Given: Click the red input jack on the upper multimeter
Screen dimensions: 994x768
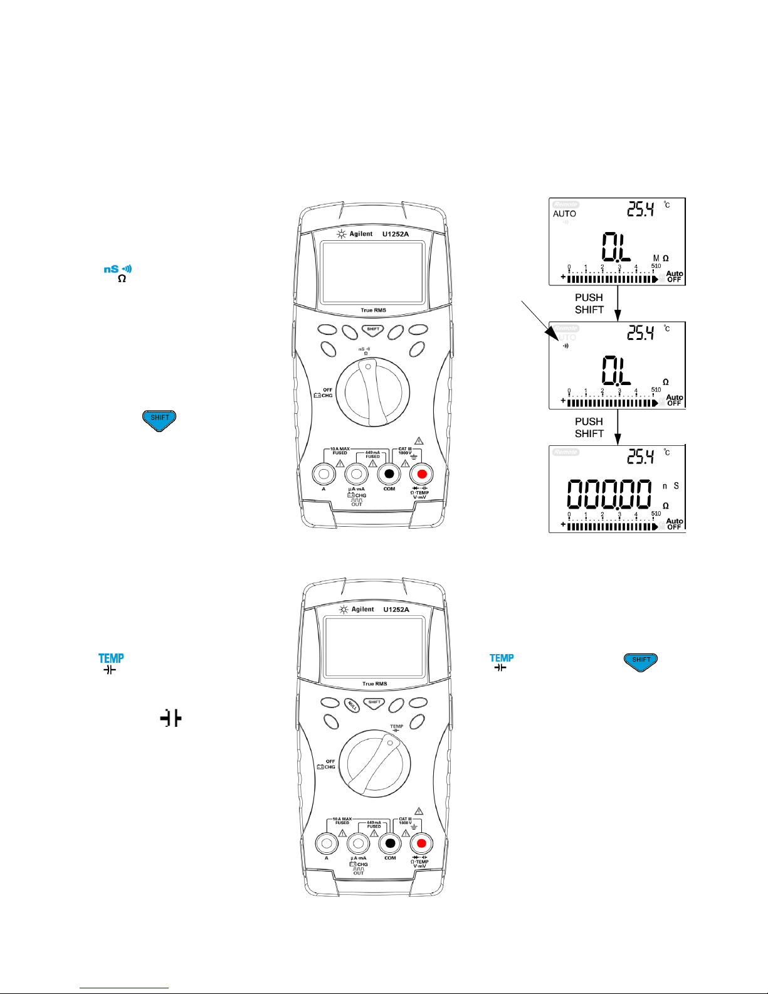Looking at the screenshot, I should (422, 474).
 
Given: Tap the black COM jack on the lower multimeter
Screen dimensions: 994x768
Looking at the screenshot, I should (390, 843).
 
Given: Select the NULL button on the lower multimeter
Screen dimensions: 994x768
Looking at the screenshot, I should (352, 705).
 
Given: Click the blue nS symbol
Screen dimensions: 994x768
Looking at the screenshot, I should (111, 269).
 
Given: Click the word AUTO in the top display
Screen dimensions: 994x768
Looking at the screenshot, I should (564, 214).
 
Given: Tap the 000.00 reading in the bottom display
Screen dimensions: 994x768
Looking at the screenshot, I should (609, 494).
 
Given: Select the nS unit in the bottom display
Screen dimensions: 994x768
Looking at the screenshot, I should (671, 486).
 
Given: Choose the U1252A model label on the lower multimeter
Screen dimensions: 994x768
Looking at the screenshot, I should (396, 609).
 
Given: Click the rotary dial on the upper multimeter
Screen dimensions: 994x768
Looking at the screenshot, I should (372, 393).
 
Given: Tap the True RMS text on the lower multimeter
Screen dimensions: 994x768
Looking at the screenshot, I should (374, 684).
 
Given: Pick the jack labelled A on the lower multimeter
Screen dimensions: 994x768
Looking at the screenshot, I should (326, 843).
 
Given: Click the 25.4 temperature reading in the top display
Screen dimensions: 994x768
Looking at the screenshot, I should (641, 209).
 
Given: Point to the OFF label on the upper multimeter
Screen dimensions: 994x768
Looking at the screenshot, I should (327, 390).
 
